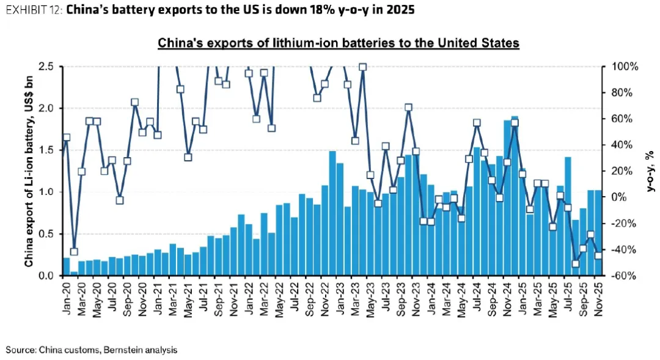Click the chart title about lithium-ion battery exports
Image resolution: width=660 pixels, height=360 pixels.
(x=339, y=43)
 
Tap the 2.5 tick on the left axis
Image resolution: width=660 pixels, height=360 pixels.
(x=47, y=67)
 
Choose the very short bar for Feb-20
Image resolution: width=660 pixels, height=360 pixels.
(x=74, y=273)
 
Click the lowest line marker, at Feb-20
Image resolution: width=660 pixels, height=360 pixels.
(x=74, y=251)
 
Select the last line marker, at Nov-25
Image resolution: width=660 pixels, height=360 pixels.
(x=598, y=255)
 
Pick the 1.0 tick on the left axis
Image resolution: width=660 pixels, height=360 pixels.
(x=47, y=192)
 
